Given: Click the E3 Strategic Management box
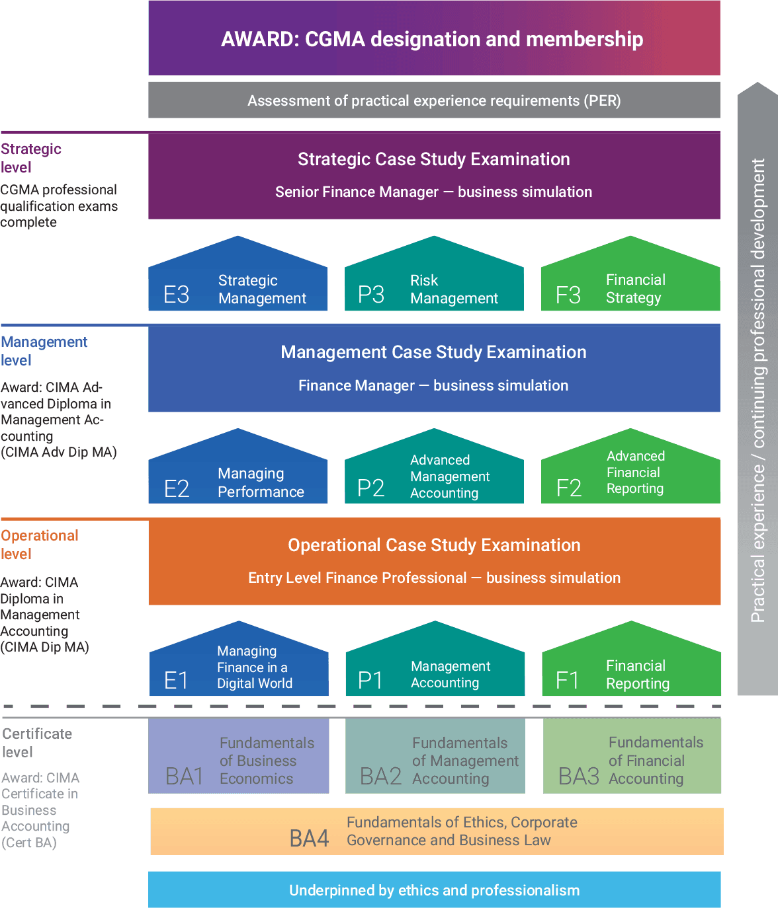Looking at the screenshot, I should click(238, 284).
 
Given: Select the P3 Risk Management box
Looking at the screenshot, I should click(434, 284).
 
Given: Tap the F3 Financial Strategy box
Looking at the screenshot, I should click(630, 284).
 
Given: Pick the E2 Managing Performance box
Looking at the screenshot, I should click(238, 477).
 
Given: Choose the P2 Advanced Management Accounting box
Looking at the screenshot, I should click(434, 477).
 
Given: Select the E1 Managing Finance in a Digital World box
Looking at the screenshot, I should click(239, 669).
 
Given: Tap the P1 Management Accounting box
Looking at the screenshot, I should click(435, 670).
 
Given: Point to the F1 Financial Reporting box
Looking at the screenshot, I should click(631, 670).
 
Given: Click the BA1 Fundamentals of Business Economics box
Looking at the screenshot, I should click(239, 757).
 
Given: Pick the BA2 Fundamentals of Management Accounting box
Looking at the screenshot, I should click(435, 757).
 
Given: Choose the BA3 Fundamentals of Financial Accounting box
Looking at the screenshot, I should click(632, 757).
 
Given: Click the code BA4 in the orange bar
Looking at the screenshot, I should click(309, 839).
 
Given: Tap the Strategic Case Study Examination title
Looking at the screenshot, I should click(434, 159).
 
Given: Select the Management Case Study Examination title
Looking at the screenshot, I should click(434, 352).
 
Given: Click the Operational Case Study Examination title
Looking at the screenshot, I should click(434, 545).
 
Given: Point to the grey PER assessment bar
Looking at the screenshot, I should click(434, 100).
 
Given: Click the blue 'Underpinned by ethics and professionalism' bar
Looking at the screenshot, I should click(434, 890).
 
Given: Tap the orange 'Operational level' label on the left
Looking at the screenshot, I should click(39, 545).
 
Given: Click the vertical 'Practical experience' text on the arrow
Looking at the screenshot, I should click(758, 390).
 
